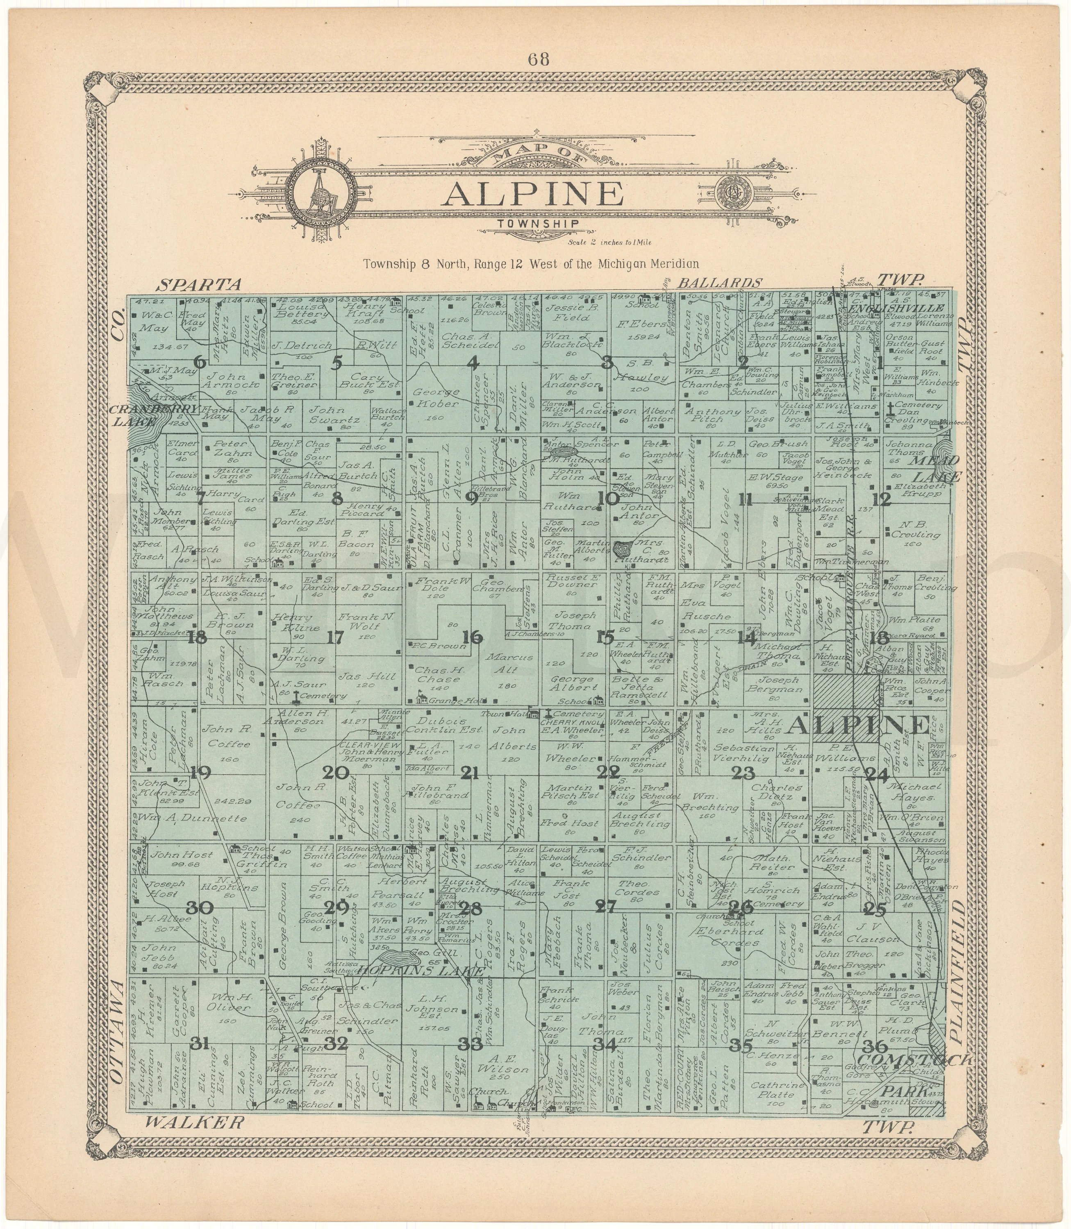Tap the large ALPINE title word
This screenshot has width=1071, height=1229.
pyautogui.click(x=535, y=194)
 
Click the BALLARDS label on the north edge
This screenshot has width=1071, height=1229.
pyautogui.click(x=720, y=283)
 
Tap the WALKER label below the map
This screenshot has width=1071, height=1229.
pyautogui.click(x=195, y=1122)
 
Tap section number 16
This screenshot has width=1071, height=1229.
pyautogui.click(x=473, y=637)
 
